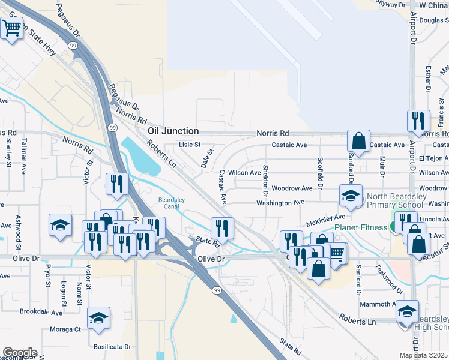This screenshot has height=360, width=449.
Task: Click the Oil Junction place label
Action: [x=173, y=131]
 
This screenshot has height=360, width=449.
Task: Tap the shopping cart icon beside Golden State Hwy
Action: [x=12, y=28]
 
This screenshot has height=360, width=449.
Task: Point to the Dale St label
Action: [x=208, y=159]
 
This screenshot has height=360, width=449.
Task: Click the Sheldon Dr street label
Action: [x=265, y=179]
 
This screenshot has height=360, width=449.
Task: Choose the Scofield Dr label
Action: [x=320, y=172]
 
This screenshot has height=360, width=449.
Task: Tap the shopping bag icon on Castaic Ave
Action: [x=358, y=142]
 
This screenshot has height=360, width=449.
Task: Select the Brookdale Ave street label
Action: [x=41, y=313]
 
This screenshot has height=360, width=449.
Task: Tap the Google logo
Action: [x=19, y=353]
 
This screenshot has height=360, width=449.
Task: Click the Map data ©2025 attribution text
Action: [x=423, y=355]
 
